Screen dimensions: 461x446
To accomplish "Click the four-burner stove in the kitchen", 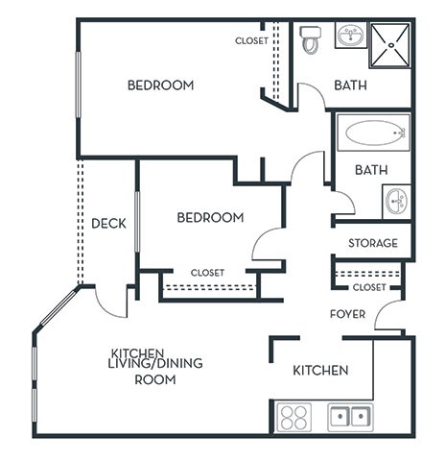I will (293, 418).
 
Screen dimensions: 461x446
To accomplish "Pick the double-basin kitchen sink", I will (350, 418).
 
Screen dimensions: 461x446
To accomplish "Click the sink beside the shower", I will (350, 36).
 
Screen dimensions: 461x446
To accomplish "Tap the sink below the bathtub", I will (395, 201).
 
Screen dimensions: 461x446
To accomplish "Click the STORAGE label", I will (372, 243).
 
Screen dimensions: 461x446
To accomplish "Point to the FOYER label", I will (347, 314).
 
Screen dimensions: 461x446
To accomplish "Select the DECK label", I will (108, 224).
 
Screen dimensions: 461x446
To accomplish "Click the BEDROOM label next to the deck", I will (209, 218).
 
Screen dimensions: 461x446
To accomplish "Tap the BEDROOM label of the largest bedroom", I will (160, 85).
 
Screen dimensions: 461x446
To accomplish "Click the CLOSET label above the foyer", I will (369, 287).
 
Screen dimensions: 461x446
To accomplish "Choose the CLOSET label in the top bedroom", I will (251, 41).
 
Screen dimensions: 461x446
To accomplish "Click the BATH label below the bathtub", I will (370, 170).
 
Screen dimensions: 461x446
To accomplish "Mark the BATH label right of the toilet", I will (350, 85).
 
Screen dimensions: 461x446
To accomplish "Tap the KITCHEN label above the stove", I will (319, 371).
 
